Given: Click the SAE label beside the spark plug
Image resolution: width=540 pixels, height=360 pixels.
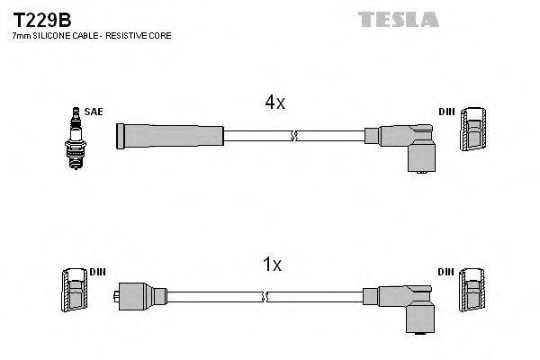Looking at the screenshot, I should [x=94, y=112].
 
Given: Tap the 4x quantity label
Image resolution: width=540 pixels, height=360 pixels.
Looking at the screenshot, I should [x=274, y=103].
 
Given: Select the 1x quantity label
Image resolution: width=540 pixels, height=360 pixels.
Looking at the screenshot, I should [x=272, y=265].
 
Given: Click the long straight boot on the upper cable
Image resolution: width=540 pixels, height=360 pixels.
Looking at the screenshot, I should [x=170, y=136].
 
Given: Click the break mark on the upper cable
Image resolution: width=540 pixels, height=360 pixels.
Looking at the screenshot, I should [x=293, y=136].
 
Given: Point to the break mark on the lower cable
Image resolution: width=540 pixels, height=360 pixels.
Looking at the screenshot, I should [x=266, y=296].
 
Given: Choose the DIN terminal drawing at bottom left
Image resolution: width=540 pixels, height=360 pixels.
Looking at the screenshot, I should [x=74, y=292].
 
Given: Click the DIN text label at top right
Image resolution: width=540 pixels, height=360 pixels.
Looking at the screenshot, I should [x=446, y=112].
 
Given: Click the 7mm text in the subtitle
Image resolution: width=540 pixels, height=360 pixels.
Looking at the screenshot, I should [x=20, y=36].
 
